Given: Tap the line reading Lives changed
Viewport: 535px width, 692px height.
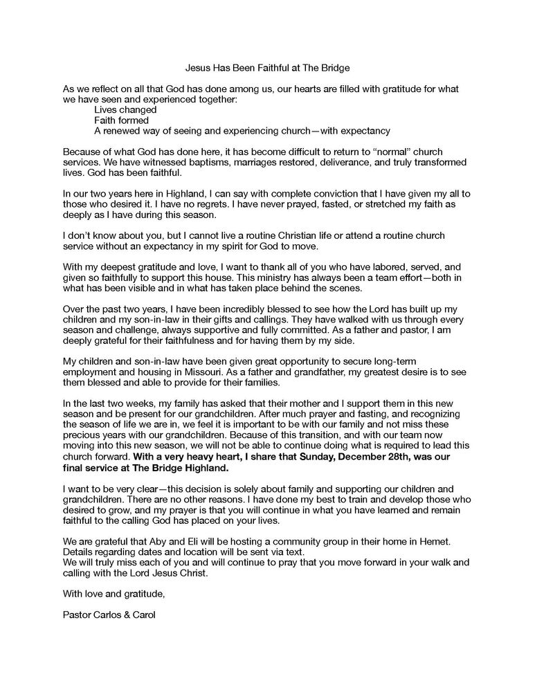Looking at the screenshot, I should click(125, 109).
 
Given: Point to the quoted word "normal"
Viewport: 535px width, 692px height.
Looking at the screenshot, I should click(386, 150).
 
